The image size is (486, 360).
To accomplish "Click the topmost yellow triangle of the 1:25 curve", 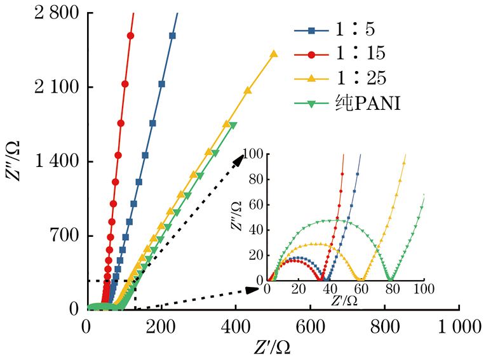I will (274, 54).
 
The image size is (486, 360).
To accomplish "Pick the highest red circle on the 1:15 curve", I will (131, 36).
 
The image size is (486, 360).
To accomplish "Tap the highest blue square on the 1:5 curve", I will (172, 36).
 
